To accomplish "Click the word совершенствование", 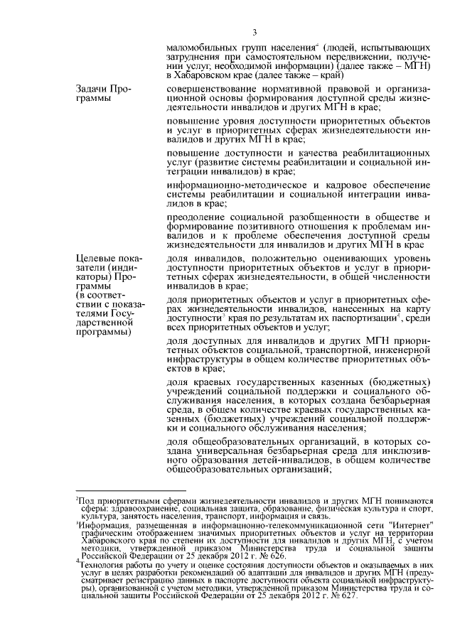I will click(x=214, y=88).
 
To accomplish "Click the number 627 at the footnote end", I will click(x=340, y=595).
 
